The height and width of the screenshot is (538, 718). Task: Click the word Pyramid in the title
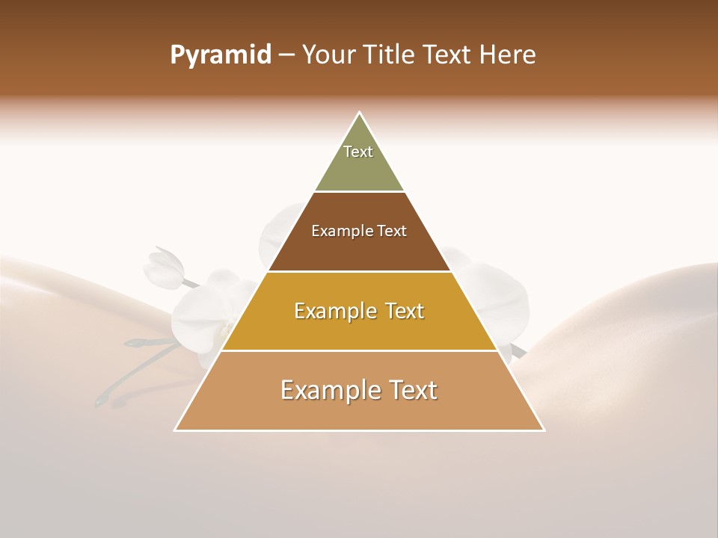220,55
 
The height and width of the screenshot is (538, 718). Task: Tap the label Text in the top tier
358,152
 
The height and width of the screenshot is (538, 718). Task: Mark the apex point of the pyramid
359,113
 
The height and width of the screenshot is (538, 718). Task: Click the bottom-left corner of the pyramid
175,430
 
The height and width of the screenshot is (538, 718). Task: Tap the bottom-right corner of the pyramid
543,430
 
